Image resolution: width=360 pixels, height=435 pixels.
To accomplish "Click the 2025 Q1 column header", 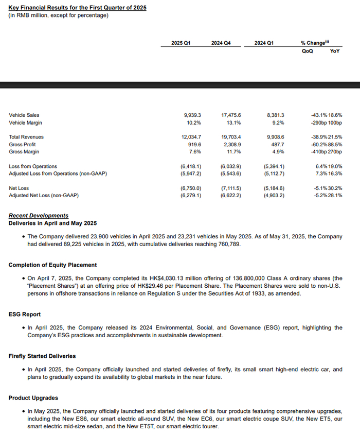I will [181, 43].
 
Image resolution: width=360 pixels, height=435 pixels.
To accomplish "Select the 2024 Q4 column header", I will [221, 43].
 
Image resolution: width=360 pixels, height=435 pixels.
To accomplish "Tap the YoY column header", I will [334, 51].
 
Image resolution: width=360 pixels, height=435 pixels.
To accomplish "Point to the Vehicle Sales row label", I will [24, 115].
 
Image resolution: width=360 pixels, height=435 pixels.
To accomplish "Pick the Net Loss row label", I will [19, 188].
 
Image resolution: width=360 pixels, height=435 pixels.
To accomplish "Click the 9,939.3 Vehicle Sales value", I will [192, 115].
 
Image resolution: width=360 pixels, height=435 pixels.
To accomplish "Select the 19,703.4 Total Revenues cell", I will [231, 137].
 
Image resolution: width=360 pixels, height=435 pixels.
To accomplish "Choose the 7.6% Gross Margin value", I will [195, 152].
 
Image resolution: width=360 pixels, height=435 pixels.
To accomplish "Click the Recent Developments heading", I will [38, 216].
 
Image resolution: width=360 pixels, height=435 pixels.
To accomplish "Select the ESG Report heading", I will [25, 314].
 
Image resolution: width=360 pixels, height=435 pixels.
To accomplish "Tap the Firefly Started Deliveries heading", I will [42, 356].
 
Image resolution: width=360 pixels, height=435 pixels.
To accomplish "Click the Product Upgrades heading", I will [33, 398].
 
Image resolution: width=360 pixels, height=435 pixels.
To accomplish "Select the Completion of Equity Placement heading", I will [52, 265].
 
